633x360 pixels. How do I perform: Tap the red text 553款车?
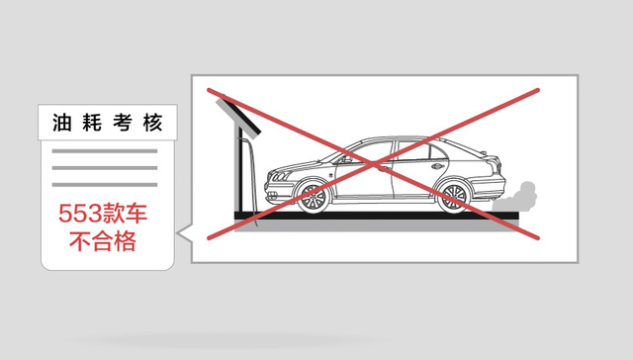tap(105, 213)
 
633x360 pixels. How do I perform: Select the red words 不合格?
tap(105, 240)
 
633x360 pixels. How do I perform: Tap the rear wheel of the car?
tap(454, 195)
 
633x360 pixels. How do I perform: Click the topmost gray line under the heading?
tap(105, 151)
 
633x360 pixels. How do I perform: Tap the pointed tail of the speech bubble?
tap(182, 234)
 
